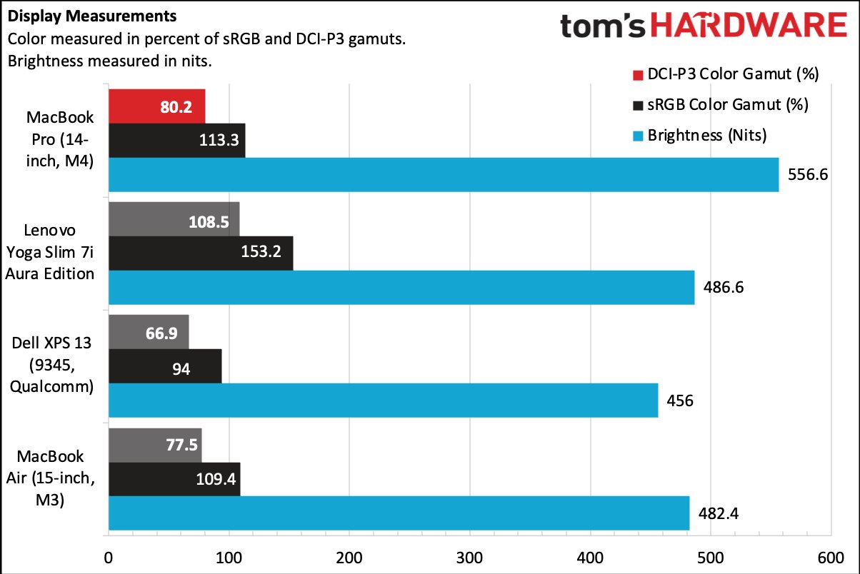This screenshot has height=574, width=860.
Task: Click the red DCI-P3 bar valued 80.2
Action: (x=156, y=106)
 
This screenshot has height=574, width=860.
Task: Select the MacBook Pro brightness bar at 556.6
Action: (x=443, y=175)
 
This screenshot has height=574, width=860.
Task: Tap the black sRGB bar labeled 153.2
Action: (x=201, y=253)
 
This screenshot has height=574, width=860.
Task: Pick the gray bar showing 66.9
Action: (x=149, y=332)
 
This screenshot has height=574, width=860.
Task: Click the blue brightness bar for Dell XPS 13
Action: (x=383, y=401)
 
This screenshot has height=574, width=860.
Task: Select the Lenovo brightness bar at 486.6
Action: (x=401, y=288)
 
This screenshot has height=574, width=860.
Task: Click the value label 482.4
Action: (x=722, y=513)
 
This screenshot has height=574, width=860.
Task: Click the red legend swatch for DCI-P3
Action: (x=637, y=74)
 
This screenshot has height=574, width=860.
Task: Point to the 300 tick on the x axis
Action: (x=470, y=558)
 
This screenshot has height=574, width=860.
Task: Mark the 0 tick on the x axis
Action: (x=109, y=558)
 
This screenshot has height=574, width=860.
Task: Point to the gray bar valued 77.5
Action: (x=154, y=445)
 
